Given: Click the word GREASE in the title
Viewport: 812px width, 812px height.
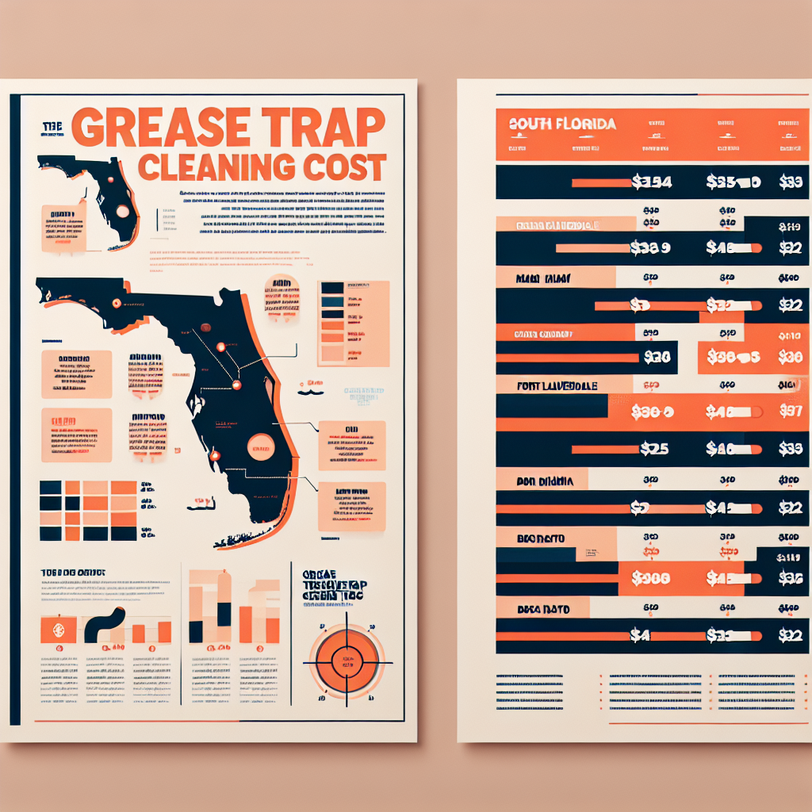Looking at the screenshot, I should [167, 128].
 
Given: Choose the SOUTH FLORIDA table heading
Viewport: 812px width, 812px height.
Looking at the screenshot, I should [562, 124].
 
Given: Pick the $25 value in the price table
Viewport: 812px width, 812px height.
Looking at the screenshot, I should [653, 449].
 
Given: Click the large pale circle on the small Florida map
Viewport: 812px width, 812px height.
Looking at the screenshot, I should [122, 211].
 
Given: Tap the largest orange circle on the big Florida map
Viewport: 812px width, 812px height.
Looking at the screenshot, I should [260, 447].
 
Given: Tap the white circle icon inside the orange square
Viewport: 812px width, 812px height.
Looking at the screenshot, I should [57, 630].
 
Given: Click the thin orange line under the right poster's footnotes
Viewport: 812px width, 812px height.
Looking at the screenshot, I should [701, 723].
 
